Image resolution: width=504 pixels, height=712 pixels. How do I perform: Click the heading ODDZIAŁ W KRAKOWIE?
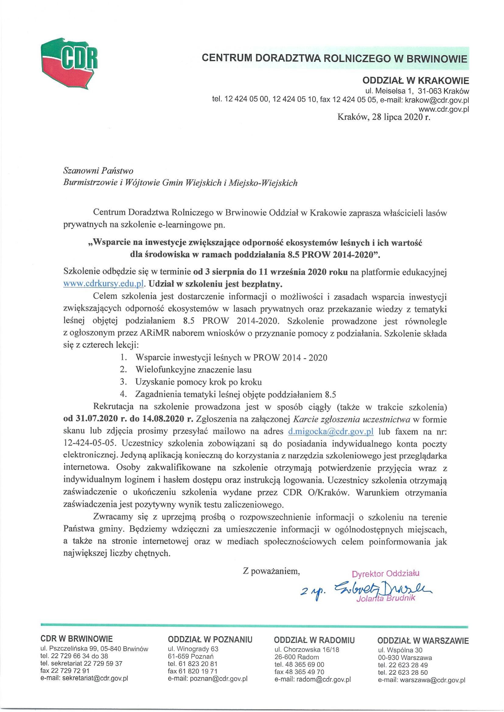pyautogui.click(x=415, y=81)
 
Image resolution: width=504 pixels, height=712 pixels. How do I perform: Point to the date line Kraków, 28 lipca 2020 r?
pyautogui.click(x=384, y=117)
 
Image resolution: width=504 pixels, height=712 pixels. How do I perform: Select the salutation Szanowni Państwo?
pyautogui.click(x=94, y=171)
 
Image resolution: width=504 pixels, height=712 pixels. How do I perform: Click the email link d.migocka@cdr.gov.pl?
pyautogui.click(x=331, y=431)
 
